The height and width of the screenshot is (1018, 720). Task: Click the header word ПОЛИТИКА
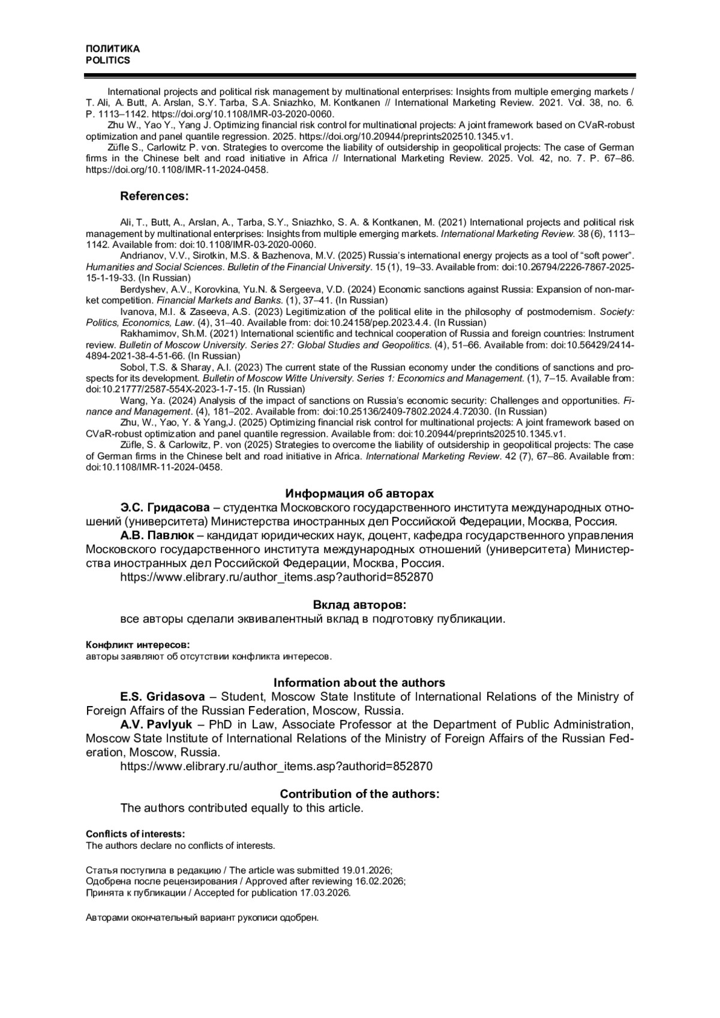point(113,49)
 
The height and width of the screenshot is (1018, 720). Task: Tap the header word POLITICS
point(108,61)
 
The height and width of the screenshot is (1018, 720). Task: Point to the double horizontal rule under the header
point(359,76)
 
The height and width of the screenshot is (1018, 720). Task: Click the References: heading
point(154,196)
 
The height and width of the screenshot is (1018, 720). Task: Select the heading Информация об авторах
point(359,494)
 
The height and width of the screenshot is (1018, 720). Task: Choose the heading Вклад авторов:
point(359,605)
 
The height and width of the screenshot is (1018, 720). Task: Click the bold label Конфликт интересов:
point(137,645)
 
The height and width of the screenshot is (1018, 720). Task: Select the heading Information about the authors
point(359,683)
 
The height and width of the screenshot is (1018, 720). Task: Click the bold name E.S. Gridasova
point(160,696)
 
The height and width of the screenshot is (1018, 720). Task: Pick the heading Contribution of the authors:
point(359,794)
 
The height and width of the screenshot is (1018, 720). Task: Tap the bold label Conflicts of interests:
point(135,834)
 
